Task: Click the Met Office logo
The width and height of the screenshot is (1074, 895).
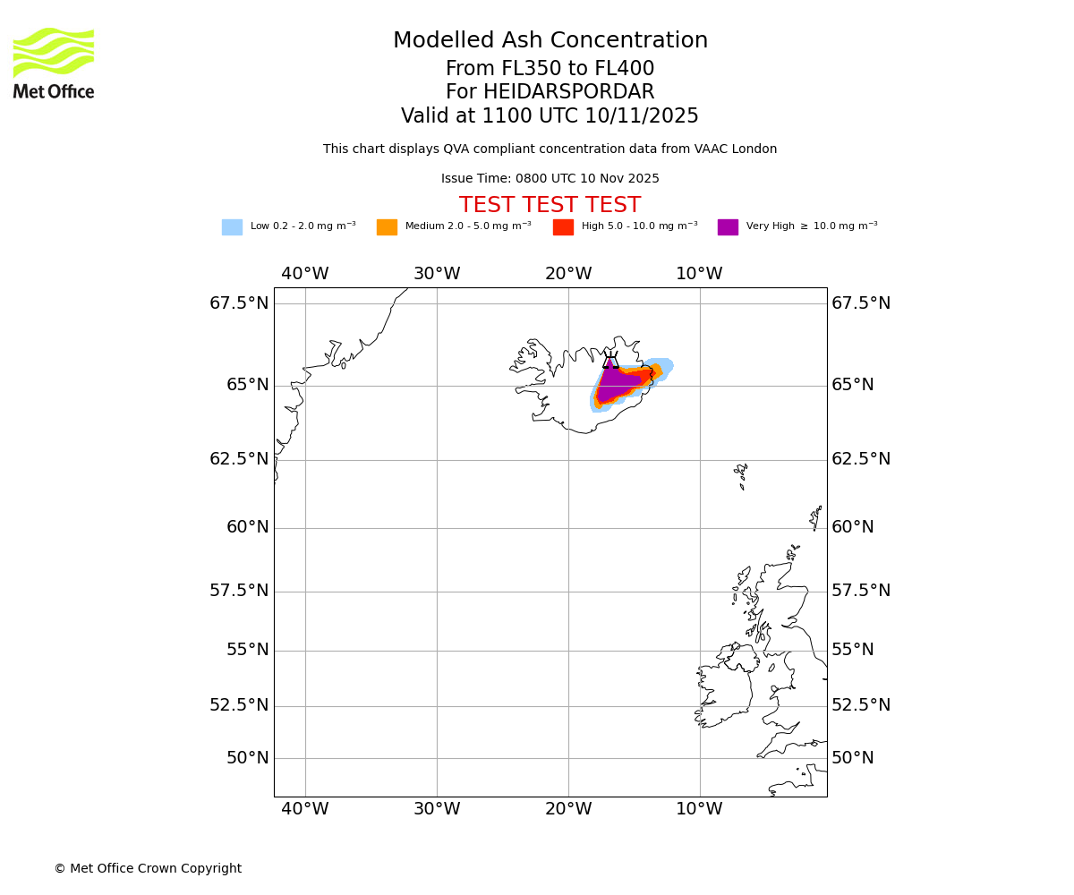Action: point(54,63)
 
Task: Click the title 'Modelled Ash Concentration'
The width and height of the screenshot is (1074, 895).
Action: point(550,41)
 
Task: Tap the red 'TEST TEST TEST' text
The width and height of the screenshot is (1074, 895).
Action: point(550,206)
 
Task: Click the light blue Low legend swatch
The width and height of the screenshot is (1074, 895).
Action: point(232,227)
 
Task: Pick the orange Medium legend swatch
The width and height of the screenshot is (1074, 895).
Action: point(387,227)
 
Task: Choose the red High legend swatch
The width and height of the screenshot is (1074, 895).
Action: point(563,227)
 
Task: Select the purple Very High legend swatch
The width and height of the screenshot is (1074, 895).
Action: point(728,227)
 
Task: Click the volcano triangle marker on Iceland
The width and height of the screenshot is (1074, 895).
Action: point(610,362)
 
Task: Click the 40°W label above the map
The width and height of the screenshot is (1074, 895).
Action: point(305,274)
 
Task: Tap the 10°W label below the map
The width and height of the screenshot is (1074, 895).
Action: point(699,809)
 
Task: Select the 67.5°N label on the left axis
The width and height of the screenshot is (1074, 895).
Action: point(239,303)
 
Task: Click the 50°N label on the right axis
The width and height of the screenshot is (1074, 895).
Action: point(852,758)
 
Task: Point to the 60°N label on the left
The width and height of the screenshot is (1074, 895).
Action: point(247,527)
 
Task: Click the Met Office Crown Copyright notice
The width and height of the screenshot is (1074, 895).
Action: point(148,868)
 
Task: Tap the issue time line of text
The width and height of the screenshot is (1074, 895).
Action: point(550,179)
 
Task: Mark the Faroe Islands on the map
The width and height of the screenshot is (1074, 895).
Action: point(741,474)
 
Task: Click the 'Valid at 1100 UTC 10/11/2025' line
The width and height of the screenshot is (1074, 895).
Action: point(550,116)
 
